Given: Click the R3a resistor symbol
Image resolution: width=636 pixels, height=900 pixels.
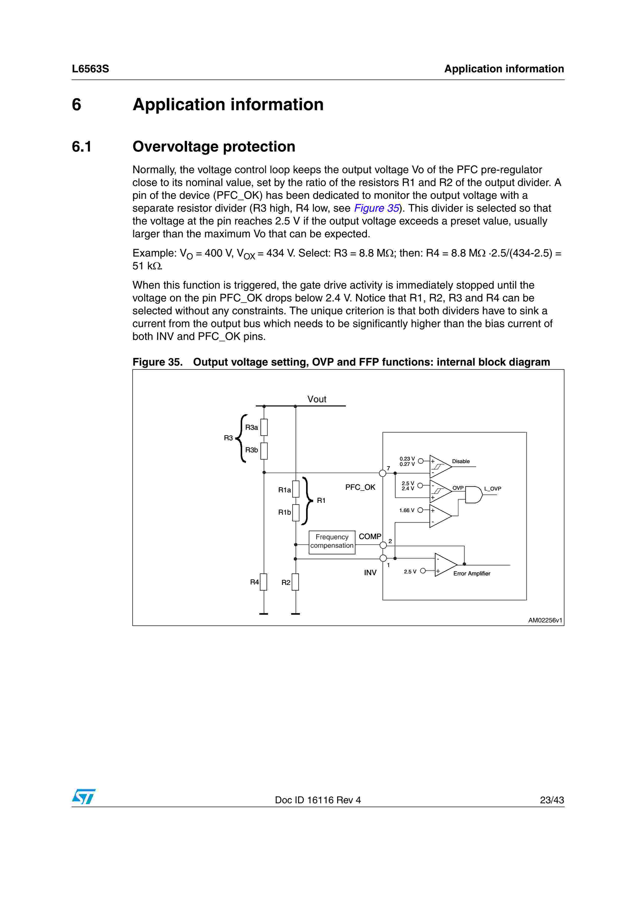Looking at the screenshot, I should point(264,427).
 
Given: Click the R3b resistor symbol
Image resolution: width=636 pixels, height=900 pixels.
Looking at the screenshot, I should point(264,451).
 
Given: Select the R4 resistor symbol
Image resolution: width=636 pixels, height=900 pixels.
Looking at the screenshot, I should point(264,582).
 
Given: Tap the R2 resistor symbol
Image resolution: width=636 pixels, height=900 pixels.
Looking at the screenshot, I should point(296,582).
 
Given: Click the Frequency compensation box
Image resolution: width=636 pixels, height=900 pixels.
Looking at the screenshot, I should point(332,542).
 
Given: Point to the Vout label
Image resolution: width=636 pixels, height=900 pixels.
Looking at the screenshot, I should point(317,399).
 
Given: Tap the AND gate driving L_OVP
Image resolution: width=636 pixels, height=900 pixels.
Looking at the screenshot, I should point(473,495).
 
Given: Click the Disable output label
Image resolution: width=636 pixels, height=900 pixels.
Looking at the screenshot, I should point(461,461).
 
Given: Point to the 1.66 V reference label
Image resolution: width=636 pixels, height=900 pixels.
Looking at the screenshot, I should point(407,510).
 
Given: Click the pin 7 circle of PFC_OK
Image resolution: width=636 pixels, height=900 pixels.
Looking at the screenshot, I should point(383,473).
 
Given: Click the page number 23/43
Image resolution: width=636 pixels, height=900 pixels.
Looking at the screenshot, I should point(552,800).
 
